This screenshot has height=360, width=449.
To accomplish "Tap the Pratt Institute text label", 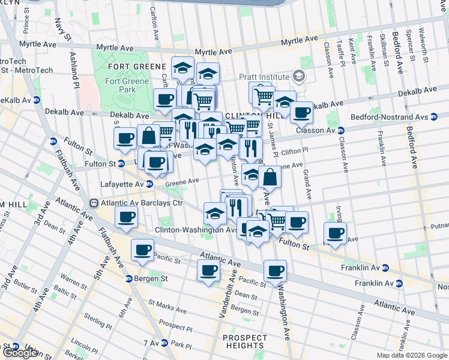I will click(264, 77).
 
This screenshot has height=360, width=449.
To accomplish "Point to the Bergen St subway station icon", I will click(128, 279).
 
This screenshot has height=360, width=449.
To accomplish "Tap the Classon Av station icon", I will click(340, 130).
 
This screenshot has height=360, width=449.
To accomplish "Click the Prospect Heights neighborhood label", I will click(245, 341).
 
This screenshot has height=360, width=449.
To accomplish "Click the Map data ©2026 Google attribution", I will click(412, 355).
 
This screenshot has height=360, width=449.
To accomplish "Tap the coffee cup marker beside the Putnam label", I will click(335, 233).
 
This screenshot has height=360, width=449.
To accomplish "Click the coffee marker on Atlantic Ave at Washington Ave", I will click(275, 271).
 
